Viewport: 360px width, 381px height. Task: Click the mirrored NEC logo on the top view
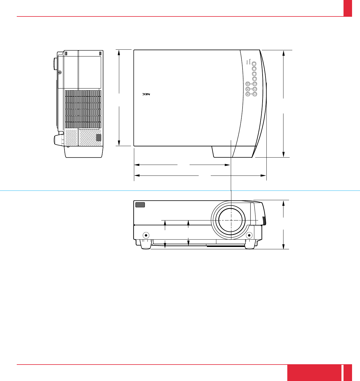(146, 94)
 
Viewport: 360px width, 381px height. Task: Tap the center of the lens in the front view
(231, 220)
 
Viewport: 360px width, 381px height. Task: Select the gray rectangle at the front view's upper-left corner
(140, 205)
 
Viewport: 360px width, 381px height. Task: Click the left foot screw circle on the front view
(146, 235)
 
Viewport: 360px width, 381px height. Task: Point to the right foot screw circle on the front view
(249, 235)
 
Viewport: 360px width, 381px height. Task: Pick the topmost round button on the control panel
(254, 63)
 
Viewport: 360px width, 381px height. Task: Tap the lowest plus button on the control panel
(248, 94)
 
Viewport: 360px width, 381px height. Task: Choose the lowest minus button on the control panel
(255, 94)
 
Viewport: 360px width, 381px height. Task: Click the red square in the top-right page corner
(348, 8)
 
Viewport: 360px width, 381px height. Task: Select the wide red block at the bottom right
(314, 373)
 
